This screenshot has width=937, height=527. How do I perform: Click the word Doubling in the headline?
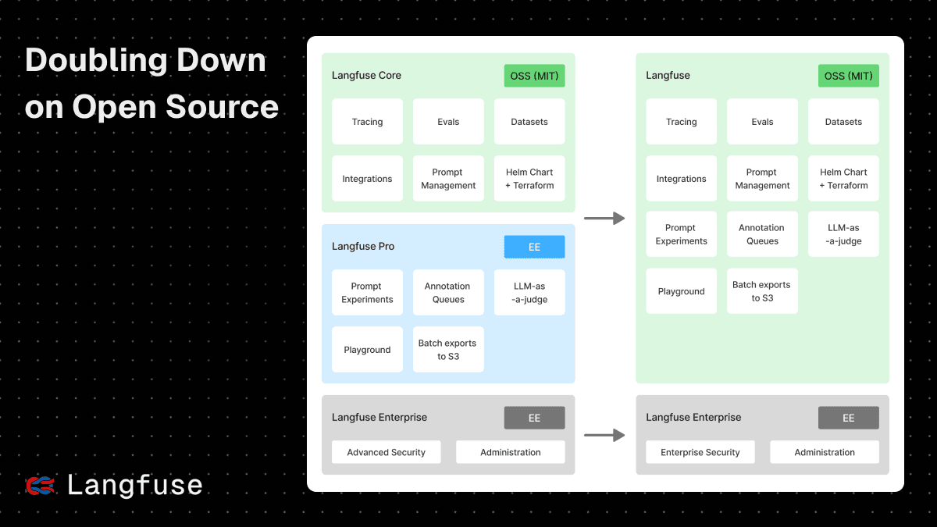click(87, 61)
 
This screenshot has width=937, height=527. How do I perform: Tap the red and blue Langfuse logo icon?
click(40, 486)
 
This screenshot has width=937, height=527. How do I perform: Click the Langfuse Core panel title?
click(366, 76)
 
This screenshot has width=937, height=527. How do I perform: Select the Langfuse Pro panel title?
click(363, 247)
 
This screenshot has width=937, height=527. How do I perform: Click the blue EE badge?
click(534, 247)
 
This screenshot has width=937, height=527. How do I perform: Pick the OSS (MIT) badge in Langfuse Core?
click(534, 76)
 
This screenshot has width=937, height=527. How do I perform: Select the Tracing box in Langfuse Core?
click(367, 122)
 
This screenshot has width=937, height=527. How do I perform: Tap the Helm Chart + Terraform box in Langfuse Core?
click(529, 179)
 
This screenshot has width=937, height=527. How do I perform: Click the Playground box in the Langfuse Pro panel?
click(367, 350)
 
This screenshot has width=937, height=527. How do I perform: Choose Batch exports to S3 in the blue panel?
click(448, 350)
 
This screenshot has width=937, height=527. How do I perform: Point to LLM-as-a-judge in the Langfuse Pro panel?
click(529, 293)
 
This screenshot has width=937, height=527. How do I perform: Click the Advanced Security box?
click(386, 452)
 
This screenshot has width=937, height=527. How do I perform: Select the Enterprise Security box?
click(700, 452)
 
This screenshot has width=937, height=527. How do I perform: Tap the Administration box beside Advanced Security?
click(510, 452)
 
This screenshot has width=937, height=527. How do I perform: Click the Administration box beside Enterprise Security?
click(825, 452)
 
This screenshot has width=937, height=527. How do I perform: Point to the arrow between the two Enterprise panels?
click(604, 436)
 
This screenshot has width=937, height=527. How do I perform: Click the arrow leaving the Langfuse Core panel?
click(604, 219)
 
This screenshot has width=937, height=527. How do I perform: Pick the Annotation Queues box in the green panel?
click(762, 234)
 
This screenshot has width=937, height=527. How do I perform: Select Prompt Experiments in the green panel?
click(681, 234)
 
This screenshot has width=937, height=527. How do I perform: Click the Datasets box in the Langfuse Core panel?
click(529, 122)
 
